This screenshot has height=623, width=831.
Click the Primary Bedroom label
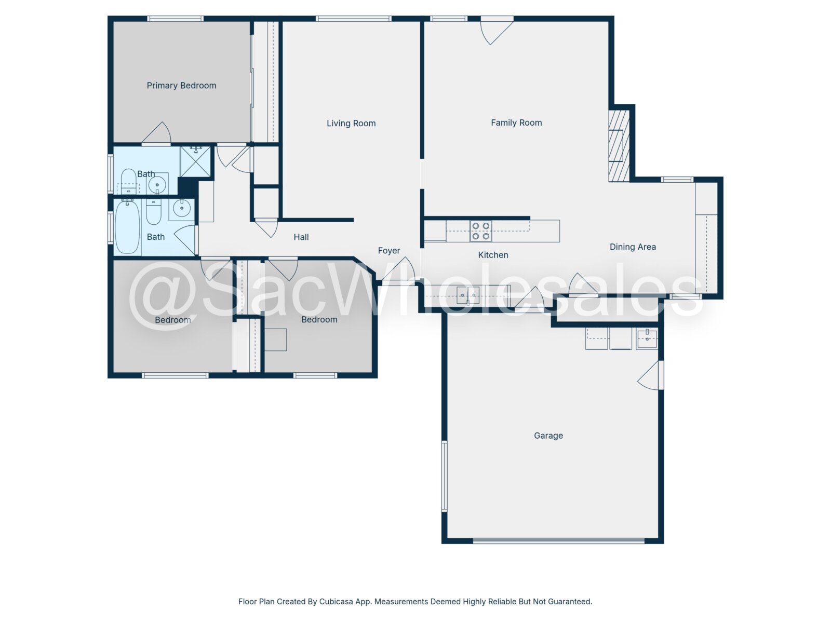point(181,86)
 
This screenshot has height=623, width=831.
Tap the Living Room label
point(351,124)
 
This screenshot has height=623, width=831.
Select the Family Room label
point(516,123)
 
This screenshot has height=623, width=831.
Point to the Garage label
point(548,436)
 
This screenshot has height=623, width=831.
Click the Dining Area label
point(633,247)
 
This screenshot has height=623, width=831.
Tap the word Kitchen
point(493,255)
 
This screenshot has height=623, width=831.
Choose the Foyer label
point(389,250)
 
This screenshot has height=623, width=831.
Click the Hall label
point(301,237)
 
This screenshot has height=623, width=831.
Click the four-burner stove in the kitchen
point(481,231)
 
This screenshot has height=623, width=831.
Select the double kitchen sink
point(468,295)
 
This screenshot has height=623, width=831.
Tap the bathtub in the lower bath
point(127,227)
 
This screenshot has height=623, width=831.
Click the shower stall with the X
point(195,161)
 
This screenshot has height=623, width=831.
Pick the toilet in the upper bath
point(129,181)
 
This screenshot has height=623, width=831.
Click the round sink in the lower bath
point(182,208)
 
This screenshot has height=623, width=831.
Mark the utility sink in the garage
point(647,338)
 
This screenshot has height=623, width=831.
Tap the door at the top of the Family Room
point(497,31)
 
